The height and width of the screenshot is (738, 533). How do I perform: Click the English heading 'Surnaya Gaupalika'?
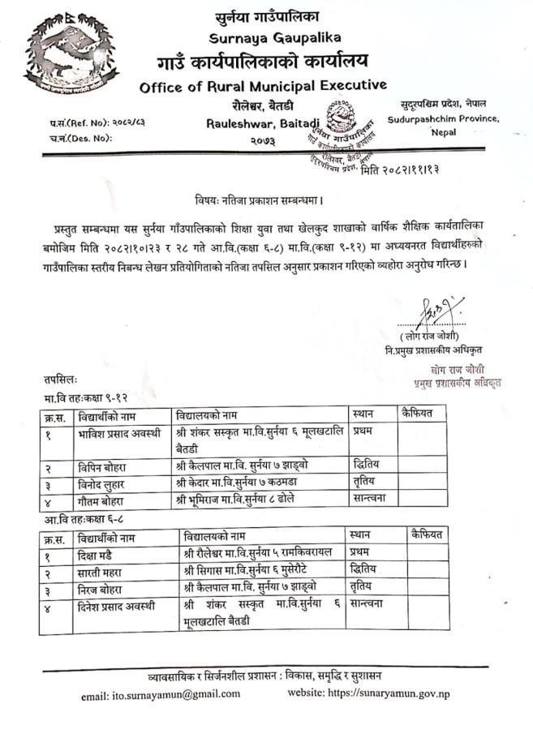click(263, 38)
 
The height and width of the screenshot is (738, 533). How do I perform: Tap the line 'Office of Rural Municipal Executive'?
click(263, 86)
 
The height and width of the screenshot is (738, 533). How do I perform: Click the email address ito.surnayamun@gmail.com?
click(160, 694)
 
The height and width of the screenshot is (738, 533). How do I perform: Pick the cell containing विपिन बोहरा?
click(106, 466)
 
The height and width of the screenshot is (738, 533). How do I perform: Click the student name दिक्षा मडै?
click(101, 554)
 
